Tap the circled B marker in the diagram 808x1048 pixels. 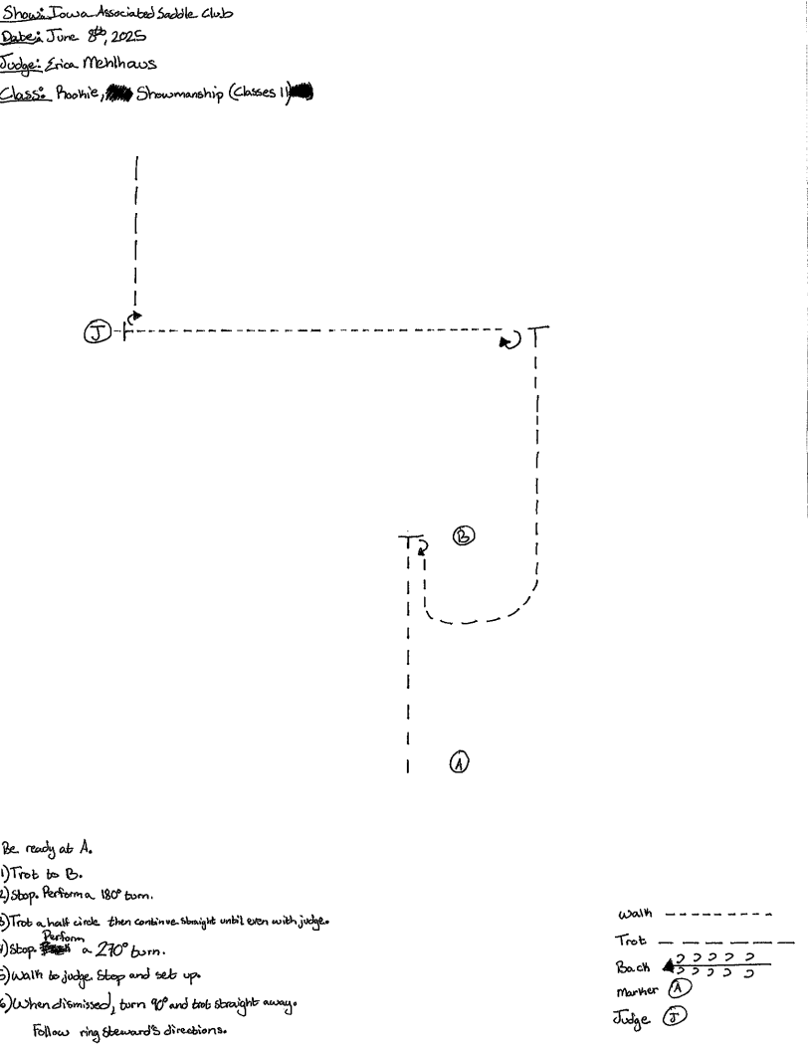tap(464, 535)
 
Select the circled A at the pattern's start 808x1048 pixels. tap(458, 762)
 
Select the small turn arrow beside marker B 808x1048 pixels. tap(422, 545)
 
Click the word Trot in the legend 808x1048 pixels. tap(630, 940)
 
